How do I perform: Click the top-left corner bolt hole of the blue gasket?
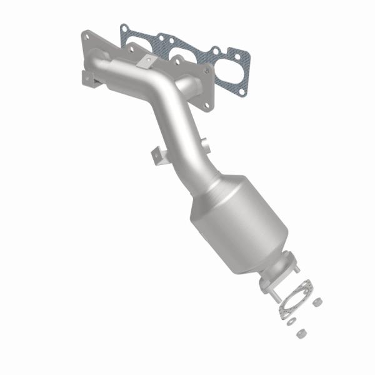(x=124, y=27)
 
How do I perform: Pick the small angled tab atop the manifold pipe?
(x=148, y=61)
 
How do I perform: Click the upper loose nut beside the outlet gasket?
(x=317, y=302)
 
